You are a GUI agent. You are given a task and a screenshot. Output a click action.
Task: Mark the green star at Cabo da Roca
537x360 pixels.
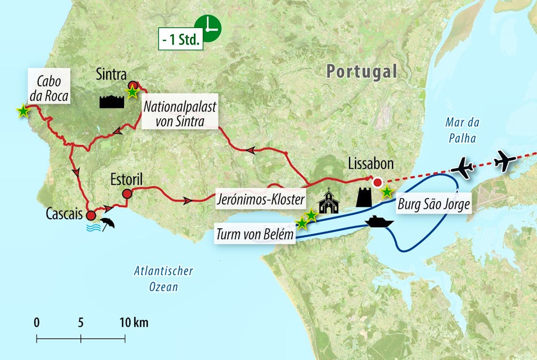point(23,111)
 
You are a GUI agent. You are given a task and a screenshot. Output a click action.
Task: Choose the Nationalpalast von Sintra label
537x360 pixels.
point(180,114)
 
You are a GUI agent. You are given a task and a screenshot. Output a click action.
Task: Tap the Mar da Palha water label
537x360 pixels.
point(461,130)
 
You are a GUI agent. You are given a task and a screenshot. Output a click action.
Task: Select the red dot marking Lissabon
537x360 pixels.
point(378,182)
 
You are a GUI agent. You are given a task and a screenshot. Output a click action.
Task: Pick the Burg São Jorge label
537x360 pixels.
point(434,205)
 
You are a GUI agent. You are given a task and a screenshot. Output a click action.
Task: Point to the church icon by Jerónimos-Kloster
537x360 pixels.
point(329,201)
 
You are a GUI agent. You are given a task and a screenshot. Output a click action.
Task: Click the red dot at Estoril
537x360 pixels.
point(127,194)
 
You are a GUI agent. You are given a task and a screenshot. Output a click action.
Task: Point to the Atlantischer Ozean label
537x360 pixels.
point(163,279)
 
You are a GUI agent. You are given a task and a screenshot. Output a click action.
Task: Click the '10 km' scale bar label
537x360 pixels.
point(134,323)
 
